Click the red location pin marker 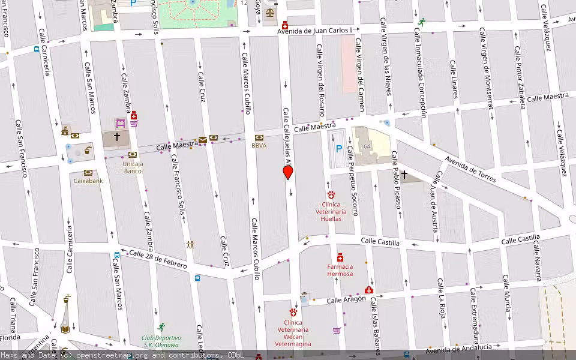pyautogui.click(x=288, y=173)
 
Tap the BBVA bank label pyautogui.click(x=259, y=145)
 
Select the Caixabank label pyautogui.click(x=88, y=181)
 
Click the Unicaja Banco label pyautogui.click(x=133, y=167)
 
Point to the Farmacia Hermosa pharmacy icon pyautogui.click(x=340, y=257)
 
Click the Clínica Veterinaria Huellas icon pyautogui.click(x=331, y=194)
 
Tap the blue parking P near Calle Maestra pyautogui.click(x=338, y=149)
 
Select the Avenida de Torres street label pyautogui.click(x=472, y=169)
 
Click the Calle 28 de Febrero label pyautogui.click(x=158, y=260)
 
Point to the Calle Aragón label pyautogui.click(x=346, y=299)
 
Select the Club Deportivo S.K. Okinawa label pyautogui.click(x=161, y=341)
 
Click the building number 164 pyautogui.click(x=365, y=147)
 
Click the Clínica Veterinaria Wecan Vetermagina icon pyautogui.click(x=293, y=312)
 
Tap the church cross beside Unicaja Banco pyautogui.click(x=117, y=137)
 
